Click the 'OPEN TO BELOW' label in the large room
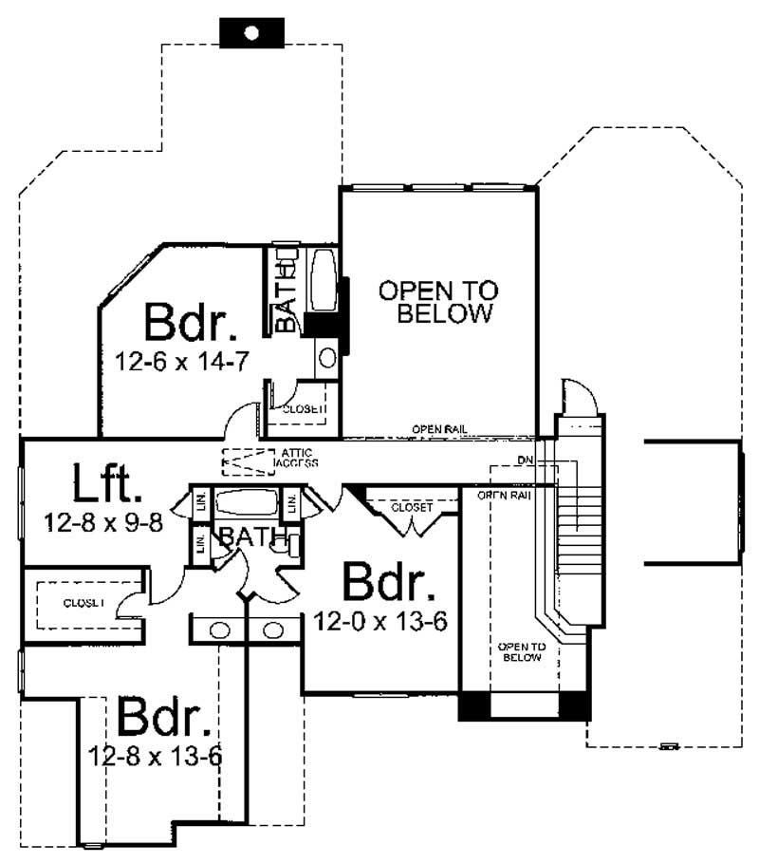[x=437, y=302]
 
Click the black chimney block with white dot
[x=251, y=32]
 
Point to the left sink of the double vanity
[x=219, y=629]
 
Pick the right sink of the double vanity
[x=273, y=629]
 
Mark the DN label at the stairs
[x=524, y=460]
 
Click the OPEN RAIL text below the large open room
[x=439, y=429]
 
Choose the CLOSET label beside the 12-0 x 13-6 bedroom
[x=411, y=508]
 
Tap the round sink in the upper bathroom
[x=327, y=357]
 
